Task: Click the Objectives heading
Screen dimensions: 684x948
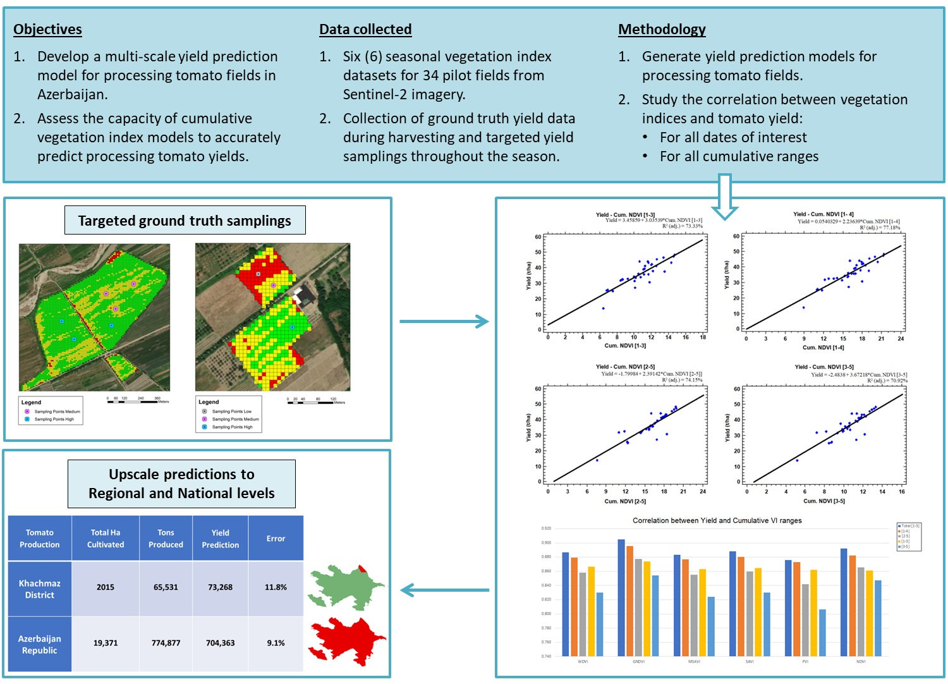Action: (x=47, y=30)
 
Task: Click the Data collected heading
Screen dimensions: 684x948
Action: (x=365, y=30)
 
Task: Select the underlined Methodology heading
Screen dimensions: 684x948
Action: (x=662, y=30)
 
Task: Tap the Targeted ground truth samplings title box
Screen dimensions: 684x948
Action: (x=185, y=221)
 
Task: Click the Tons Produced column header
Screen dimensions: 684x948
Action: (x=166, y=539)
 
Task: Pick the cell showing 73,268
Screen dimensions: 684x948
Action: (x=220, y=587)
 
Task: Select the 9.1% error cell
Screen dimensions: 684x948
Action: (x=276, y=643)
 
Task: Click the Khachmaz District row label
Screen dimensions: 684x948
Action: (x=39, y=589)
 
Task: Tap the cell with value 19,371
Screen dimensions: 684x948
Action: (x=105, y=643)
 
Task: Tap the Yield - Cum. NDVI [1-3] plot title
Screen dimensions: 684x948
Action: (x=625, y=215)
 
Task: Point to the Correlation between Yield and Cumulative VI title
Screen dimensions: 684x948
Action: (x=717, y=521)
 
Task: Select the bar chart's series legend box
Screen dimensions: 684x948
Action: (x=909, y=537)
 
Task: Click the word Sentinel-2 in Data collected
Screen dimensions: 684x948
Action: (x=373, y=95)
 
